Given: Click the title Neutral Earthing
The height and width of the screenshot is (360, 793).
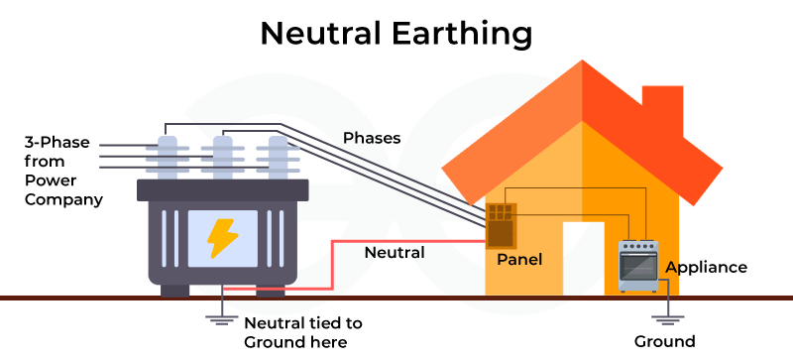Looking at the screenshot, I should [x=396, y=33].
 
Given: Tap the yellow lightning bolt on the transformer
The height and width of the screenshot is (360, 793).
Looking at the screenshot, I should [x=219, y=238].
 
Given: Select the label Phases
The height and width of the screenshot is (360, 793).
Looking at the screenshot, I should [x=372, y=138].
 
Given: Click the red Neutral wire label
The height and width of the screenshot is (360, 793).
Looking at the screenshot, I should [x=395, y=252].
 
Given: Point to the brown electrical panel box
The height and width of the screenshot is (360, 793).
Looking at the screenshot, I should [x=500, y=226].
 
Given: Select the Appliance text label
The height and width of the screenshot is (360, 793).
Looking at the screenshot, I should [x=706, y=267].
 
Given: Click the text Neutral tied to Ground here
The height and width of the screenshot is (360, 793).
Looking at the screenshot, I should [x=302, y=332].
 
